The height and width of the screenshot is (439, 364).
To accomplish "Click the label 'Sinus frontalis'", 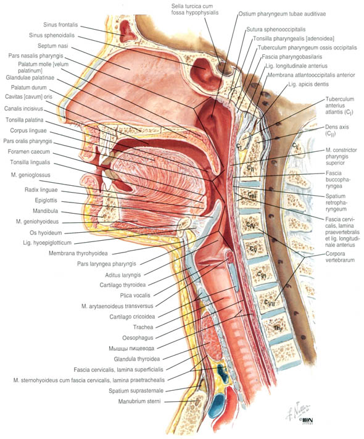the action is click(x=60, y=25).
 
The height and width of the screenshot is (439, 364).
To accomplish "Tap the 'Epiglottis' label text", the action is click(x=46, y=201).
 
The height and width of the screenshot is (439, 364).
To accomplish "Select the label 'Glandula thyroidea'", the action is click(x=137, y=359).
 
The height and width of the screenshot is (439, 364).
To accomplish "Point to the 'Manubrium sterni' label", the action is click(x=139, y=401).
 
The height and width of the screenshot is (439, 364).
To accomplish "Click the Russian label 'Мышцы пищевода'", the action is click(x=131, y=348).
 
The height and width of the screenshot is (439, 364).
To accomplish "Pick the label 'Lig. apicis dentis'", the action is click(x=308, y=84).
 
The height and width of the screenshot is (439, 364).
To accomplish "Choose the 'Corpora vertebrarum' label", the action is click(x=340, y=257).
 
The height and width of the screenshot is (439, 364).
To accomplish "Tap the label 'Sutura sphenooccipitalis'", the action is click(x=276, y=30).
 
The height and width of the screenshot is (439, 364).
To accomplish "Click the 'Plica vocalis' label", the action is click(x=135, y=295).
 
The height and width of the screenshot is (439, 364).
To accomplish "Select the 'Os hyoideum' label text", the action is click(x=46, y=232).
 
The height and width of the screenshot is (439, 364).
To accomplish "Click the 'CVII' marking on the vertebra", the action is click(x=270, y=303).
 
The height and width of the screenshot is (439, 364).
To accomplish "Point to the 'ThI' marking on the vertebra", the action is click(x=277, y=328).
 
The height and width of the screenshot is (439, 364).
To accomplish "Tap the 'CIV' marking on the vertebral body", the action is click(x=250, y=225).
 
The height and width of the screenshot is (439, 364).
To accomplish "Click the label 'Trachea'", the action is click(x=143, y=327).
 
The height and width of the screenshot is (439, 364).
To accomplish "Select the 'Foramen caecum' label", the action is click(x=29, y=152).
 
